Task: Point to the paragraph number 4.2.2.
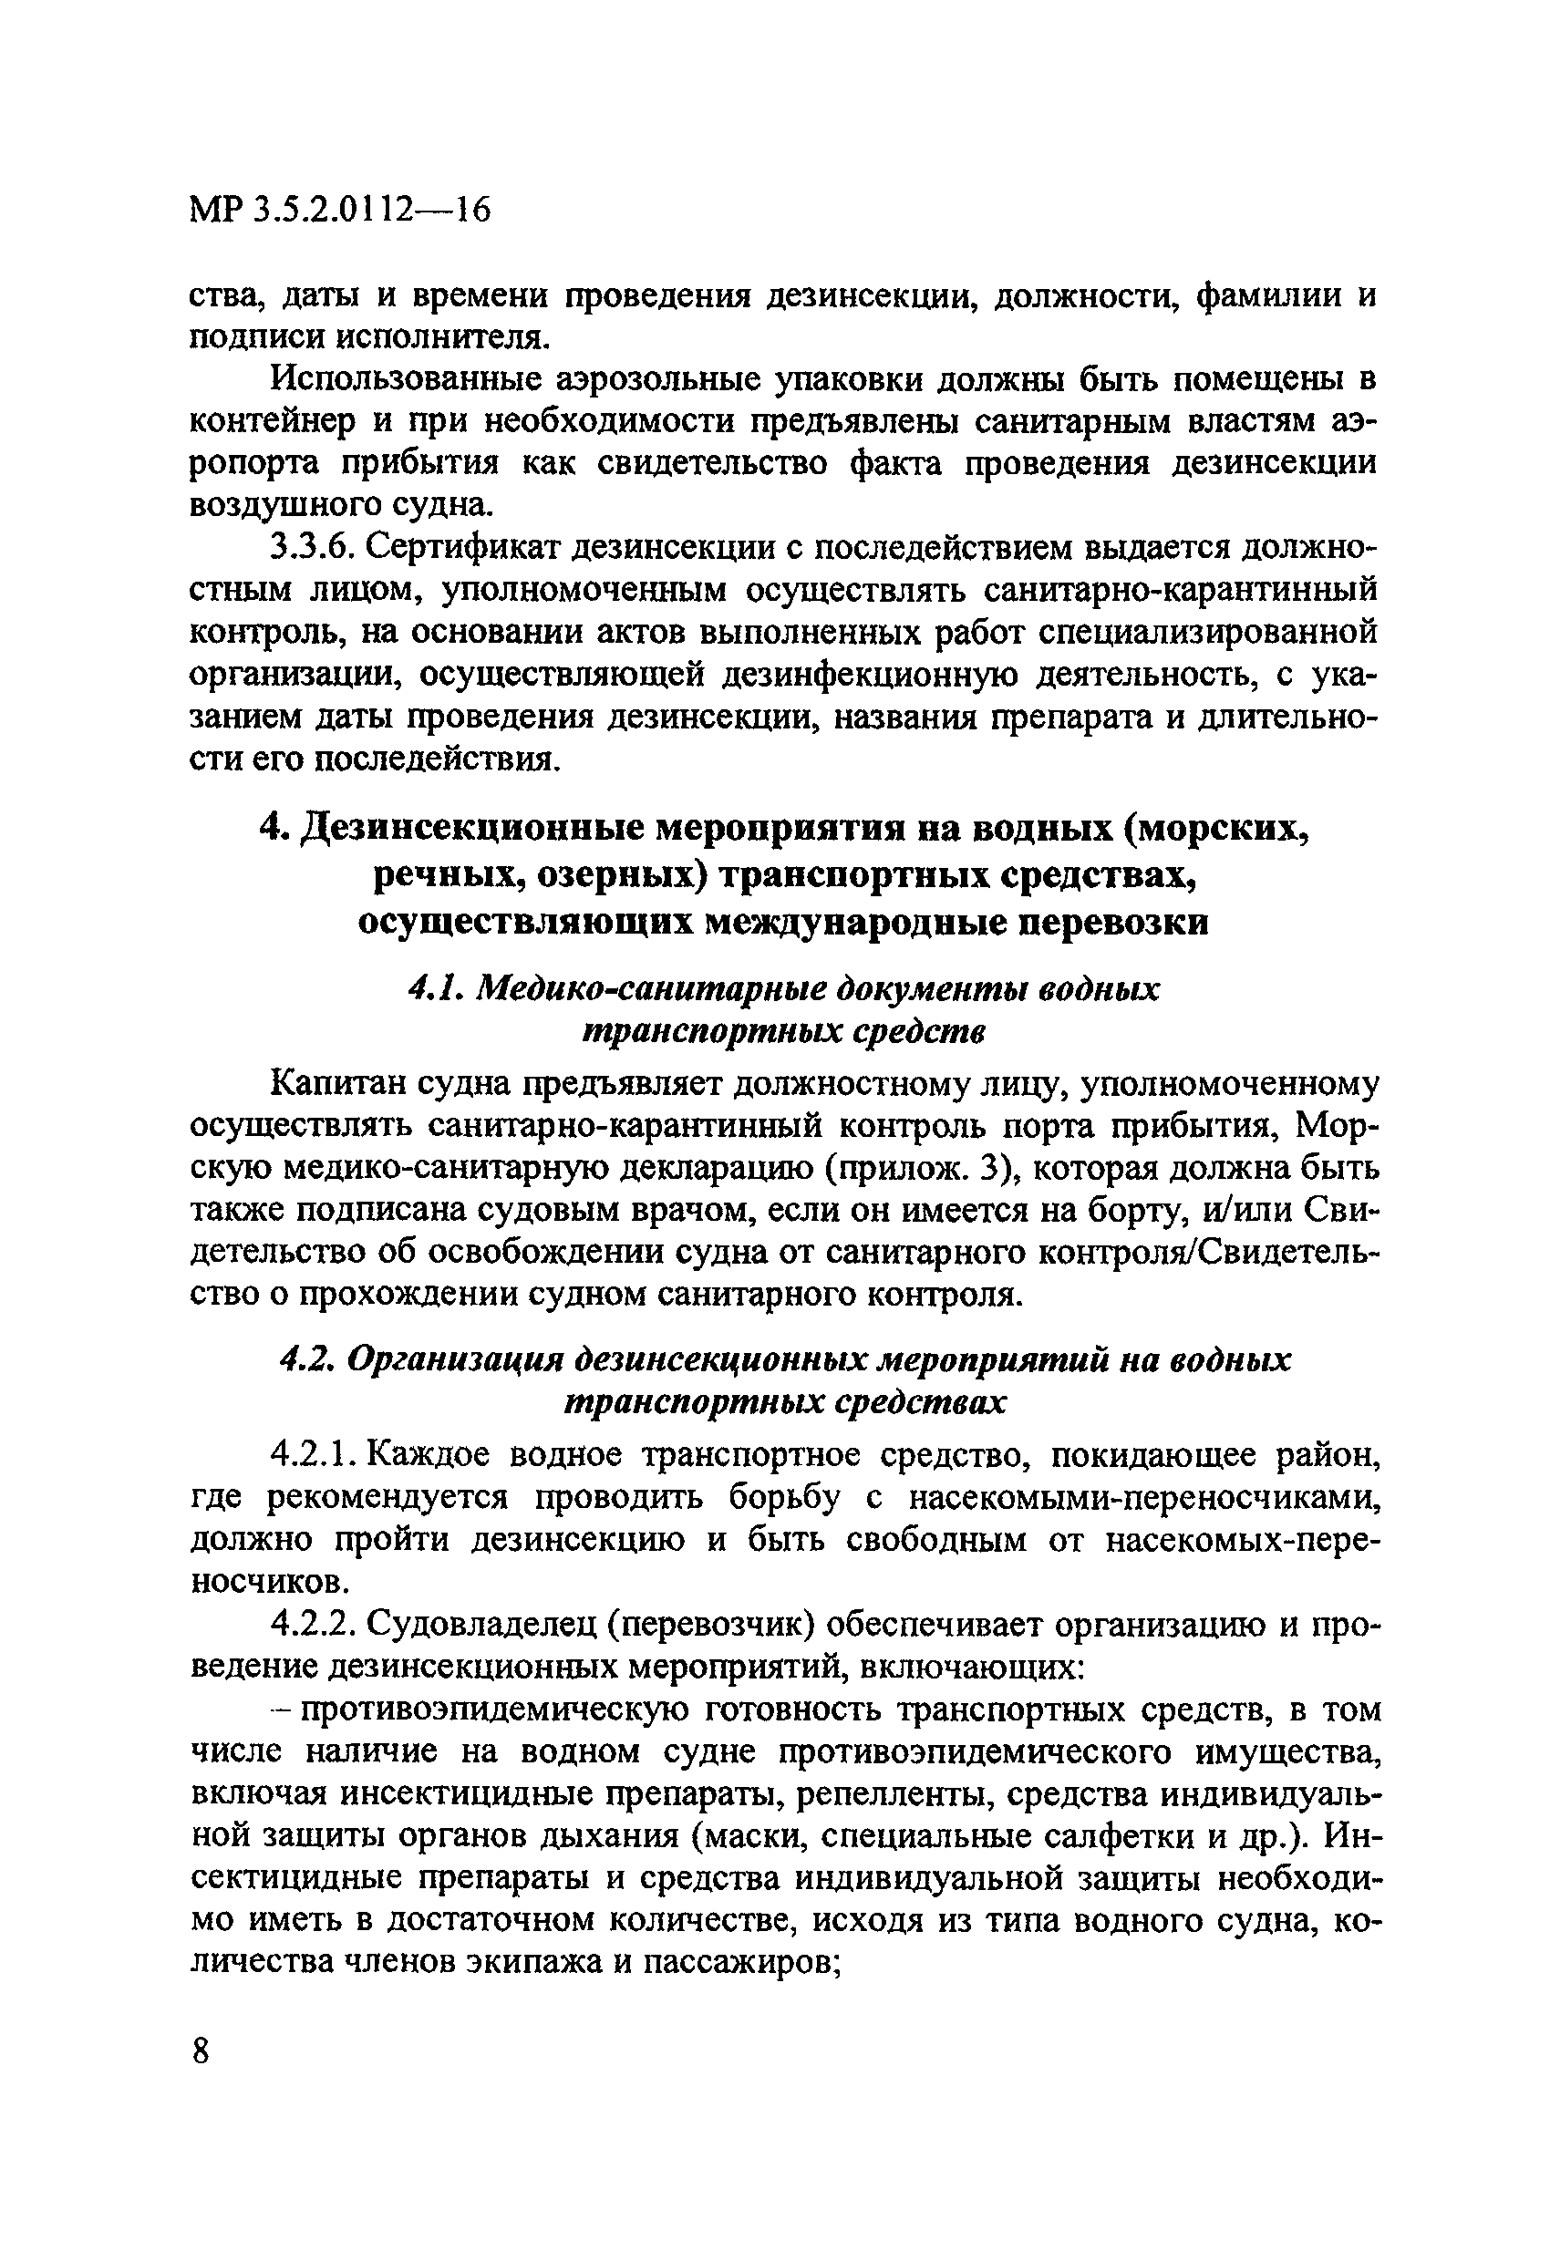(310, 1626)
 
